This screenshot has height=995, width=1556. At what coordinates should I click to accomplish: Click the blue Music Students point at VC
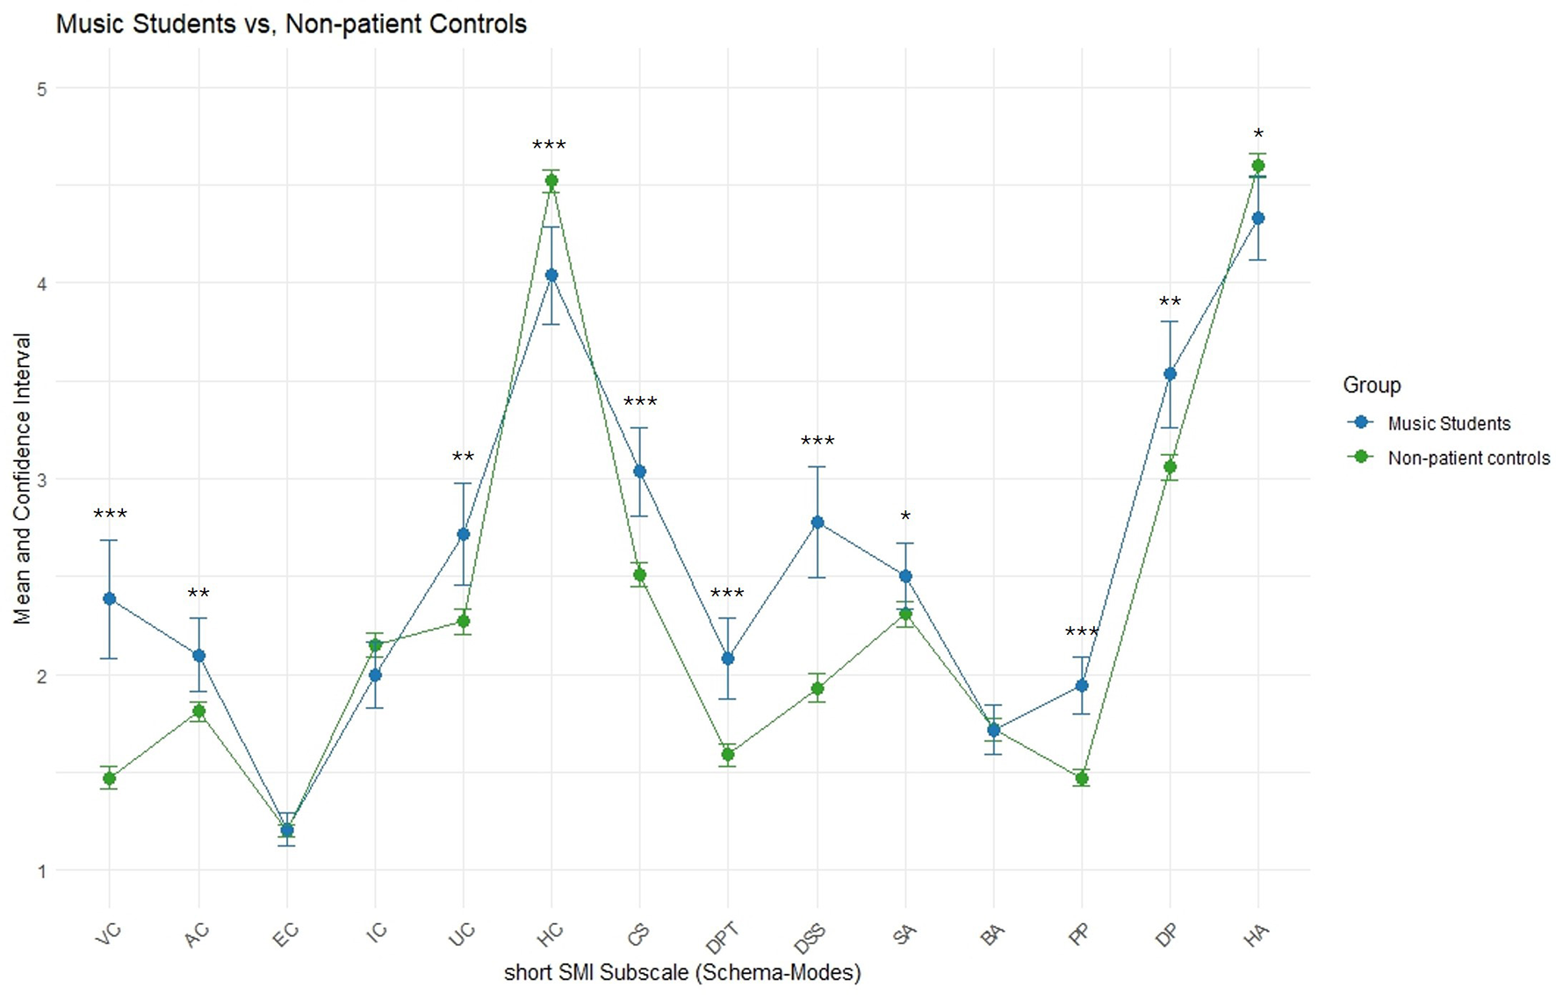click(110, 599)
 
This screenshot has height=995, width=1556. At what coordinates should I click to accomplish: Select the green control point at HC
click(551, 181)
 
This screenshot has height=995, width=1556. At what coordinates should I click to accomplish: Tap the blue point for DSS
click(818, 523)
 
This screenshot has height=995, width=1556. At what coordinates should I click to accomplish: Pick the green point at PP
click(1082, 779)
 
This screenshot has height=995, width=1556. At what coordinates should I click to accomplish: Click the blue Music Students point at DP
click(1170, 374)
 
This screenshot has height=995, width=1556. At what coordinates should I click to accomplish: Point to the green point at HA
click(1258, 166)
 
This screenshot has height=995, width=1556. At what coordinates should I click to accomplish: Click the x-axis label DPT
click(722, 937)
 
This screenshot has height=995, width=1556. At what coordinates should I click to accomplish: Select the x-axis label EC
click(285, 934)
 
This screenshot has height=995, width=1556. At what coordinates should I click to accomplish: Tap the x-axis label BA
click(991, 934)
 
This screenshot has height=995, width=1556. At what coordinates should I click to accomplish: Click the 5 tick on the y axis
click(40, 89)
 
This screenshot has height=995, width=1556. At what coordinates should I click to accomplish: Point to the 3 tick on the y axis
click(40, 479)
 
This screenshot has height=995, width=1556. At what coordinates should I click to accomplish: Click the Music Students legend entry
click(1448, 423)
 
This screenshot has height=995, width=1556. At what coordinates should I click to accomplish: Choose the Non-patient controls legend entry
click(1468, 458)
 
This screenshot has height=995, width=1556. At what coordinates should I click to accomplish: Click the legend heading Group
click(1372, 385)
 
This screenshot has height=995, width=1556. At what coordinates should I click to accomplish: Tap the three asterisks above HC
click(550, 145)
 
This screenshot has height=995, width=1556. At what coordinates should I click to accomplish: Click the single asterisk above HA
click(1258, 134)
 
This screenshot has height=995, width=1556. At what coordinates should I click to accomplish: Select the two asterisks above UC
click(463, 458)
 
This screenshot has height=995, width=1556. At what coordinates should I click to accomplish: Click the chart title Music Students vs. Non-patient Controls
click(291, 24)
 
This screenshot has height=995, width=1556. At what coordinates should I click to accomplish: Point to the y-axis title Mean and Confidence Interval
click(22, 479)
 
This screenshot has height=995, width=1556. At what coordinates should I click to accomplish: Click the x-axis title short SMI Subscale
click(682, 972)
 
